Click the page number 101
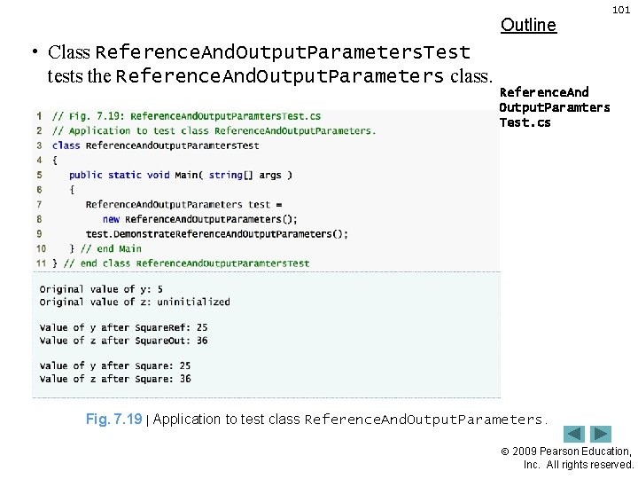pyautogui.click(x=622, y=9)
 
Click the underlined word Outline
pyautogui.click(x=528, y=25)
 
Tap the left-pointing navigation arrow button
pyautogui.click(x=575, y=435)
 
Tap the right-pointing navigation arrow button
pyautogui.click(x=602, y=435)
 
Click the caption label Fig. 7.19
pyautogui.click(x=113, y=419)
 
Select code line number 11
pyautogui.click(x=41, y=263)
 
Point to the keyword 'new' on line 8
pyautogui.click(x=111, y=219)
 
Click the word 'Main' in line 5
pyautogui.click(x=187, y=175)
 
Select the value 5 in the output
pyautogui.click(x=159, y=289)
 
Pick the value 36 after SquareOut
pyautogui.click(x=203, y=341)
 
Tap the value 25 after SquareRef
pyautogui.click(x=203, y=327)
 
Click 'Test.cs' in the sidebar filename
pyautogui.click(x=525, y=122)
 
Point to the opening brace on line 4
pyautogui.click(x=55, y=161)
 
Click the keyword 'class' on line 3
pyautogui.click(x=66, y=145)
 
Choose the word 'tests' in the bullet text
pyautogui.click(x=66, y=76)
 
